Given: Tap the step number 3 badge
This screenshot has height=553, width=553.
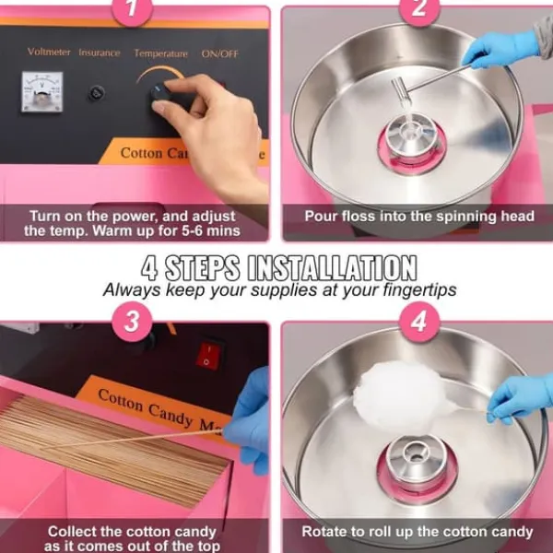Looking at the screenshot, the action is coord(132,322).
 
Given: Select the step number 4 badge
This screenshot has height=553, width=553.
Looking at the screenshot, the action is coord(419,322).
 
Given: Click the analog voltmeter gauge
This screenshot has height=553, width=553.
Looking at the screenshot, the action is coord(42,91).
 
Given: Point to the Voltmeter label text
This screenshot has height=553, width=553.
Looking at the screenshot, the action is coord(49,52).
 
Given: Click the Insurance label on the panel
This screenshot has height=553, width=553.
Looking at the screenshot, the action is coord(100,53).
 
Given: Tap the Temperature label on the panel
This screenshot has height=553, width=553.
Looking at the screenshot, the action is coord(160,53).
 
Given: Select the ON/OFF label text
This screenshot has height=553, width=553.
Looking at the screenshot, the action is coord(219,53).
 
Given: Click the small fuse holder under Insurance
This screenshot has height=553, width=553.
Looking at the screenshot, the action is coord(96,93).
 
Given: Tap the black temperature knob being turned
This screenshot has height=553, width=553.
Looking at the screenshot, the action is coord(160,92).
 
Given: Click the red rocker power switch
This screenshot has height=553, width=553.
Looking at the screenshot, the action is coord(209,355).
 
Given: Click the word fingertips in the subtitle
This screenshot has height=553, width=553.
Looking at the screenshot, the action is coord(419,290).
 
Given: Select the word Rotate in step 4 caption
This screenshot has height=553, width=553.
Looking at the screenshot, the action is coord(324,532).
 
